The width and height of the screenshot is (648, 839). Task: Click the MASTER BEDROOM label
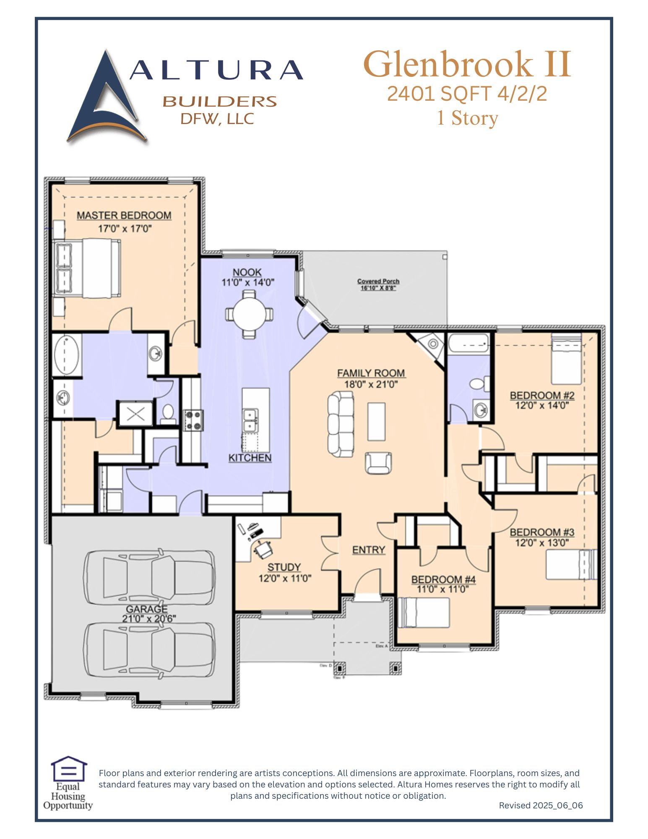click(124, 215)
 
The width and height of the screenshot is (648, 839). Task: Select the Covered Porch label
click(378, 281)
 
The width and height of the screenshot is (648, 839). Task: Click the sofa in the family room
click(340, 424)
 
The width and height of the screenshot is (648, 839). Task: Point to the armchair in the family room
click(378, 463)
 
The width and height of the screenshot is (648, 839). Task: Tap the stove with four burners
click(193, 420)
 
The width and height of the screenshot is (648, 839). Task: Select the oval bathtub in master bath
click(66, 355)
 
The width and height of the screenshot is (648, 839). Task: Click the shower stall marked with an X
click(135, 414)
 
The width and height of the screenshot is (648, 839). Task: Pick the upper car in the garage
click(149, 577)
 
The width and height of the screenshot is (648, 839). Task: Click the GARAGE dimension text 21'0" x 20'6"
click(149, 618)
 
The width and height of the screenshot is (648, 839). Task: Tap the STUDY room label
click(284, 567)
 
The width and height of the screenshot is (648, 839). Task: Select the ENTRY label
click(368, 550)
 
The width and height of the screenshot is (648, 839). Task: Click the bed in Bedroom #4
click(423, 613)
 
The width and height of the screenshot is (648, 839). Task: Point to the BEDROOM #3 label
click(542, 532)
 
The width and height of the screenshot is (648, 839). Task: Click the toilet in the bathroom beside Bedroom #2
click(479, 383)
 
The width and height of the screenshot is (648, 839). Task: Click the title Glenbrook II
click(467, 64)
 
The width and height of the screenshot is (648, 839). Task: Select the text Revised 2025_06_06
click(541, 805)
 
